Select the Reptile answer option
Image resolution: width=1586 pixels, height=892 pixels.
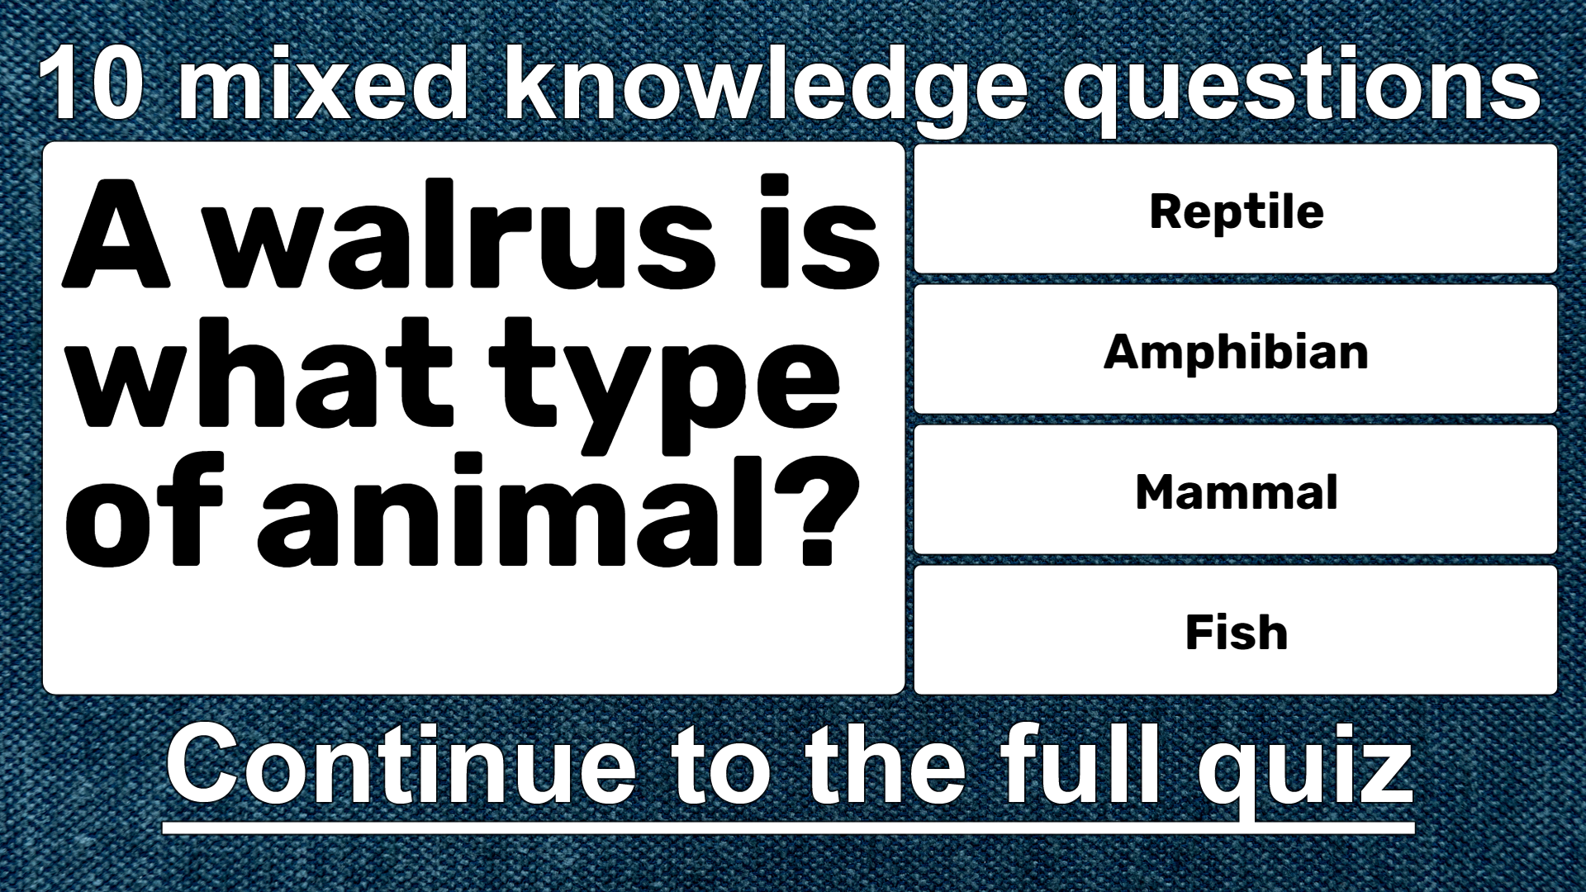(1236, 209)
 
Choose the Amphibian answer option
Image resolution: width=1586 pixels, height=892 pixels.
(1236, 349)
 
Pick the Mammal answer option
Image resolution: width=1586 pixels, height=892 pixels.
(1236, 490)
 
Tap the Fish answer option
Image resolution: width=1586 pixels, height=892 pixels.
(1236, 630)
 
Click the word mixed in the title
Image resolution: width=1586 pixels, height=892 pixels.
(324, 83)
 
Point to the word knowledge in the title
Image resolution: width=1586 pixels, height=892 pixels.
(766, 89)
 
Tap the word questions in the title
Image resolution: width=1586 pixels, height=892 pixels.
(1301, 89)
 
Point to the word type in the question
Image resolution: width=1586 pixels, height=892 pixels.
(664, 384)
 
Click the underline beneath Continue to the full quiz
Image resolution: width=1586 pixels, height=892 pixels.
(788, 828)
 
